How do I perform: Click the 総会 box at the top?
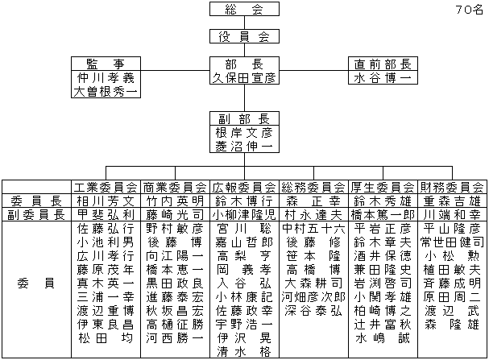click(245, 10)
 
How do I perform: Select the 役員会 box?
click(245, 37)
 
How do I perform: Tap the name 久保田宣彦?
click(245, 79)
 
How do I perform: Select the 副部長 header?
click(245, 118)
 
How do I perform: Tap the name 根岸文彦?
click(245, 133)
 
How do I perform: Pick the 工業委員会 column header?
click(106, 186)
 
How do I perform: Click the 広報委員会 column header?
click(245, 186)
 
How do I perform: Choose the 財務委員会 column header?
click(453, 186)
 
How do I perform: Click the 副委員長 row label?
click(35, 215)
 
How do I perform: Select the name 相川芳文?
click(106, 201)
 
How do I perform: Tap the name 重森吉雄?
click(453, 201)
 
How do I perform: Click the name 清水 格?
click(245, 352)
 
